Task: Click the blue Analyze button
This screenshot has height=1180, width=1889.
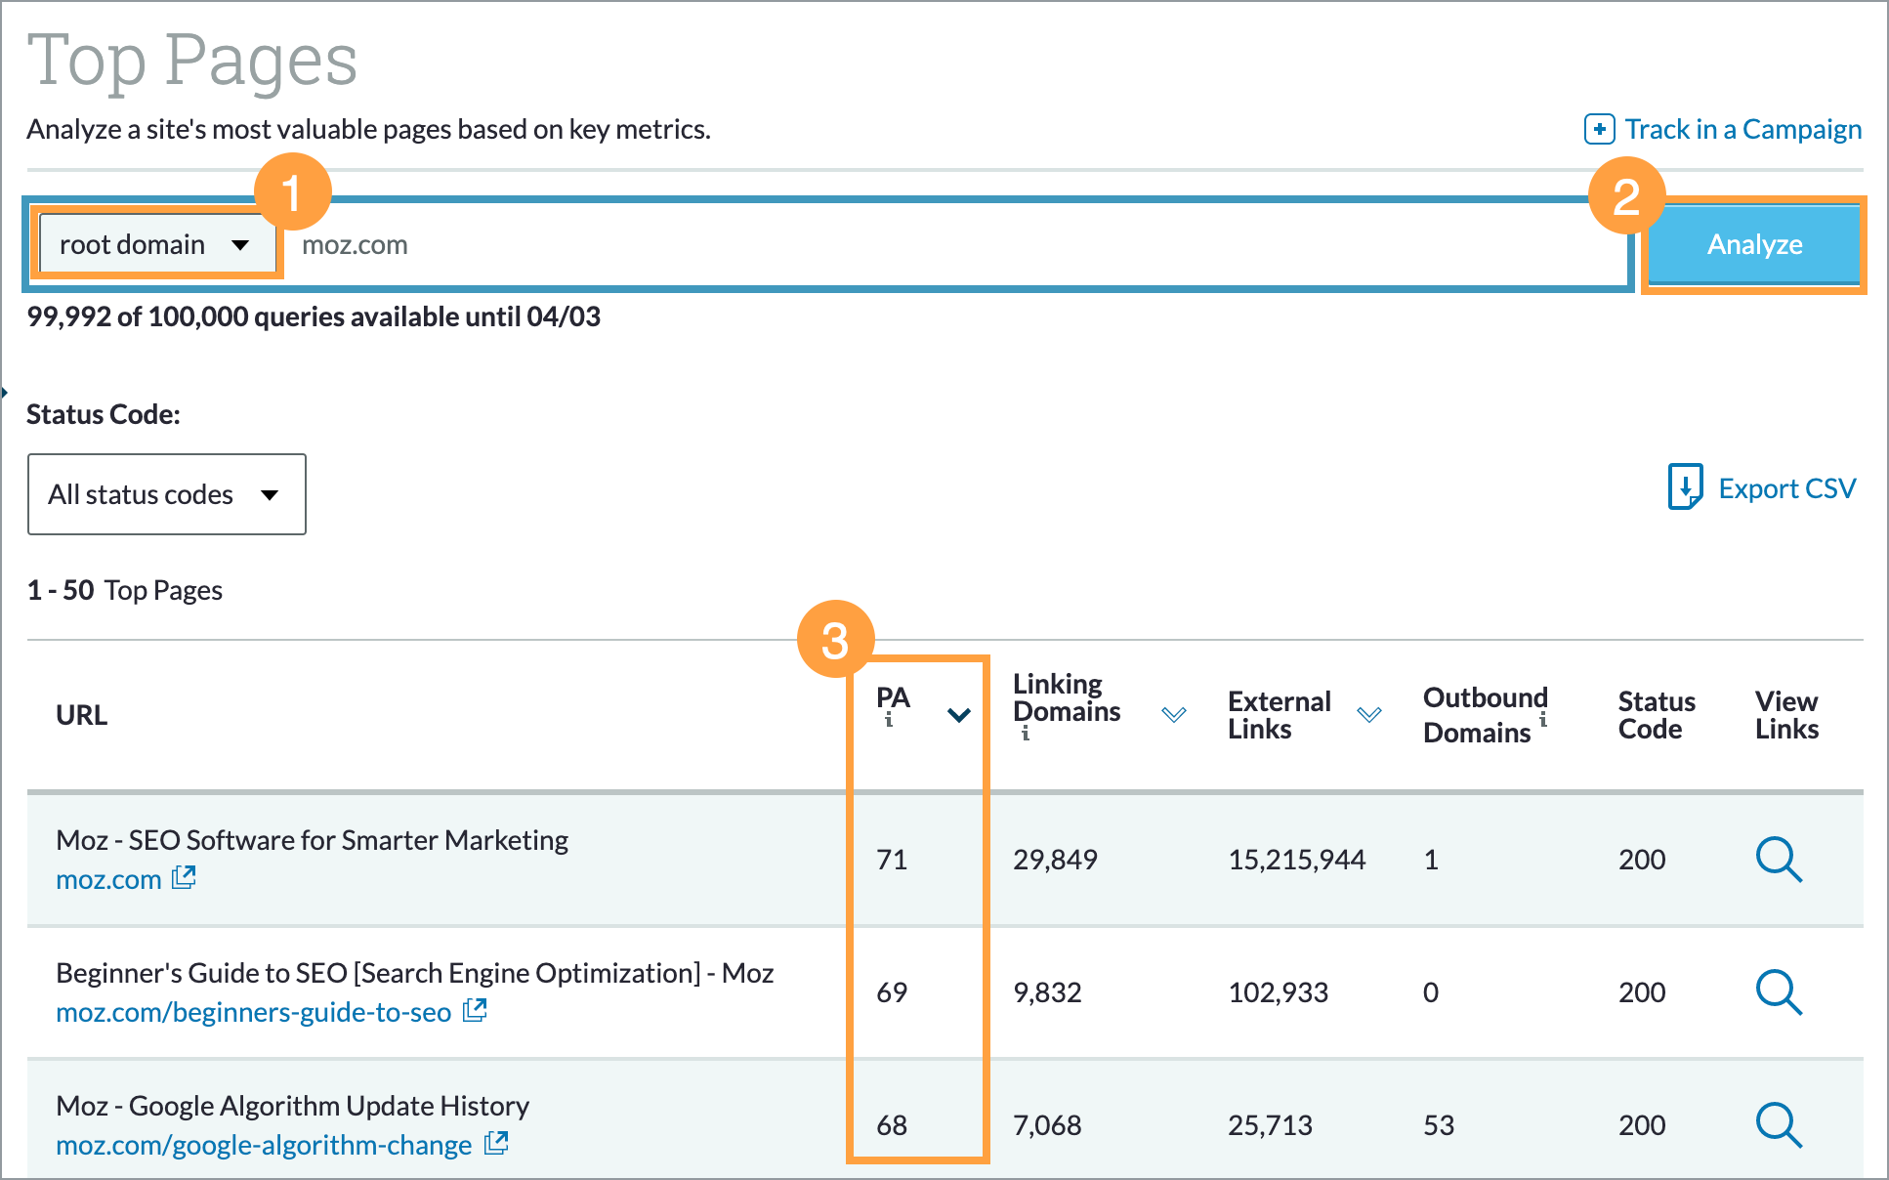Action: tap(1754, 244)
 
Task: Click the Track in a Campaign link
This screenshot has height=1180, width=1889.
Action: tap(1724, 129)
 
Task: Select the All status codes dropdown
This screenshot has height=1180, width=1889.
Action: tap(166, 494)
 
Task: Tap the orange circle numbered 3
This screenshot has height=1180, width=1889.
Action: tap(835, 641)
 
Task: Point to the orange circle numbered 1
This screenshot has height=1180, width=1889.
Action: tap(292, 192)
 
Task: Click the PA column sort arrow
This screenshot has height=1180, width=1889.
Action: tap(958, 715)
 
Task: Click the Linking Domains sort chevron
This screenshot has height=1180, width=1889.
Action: tap(1173, 715)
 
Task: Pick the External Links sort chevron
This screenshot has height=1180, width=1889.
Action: tap(1369, 715)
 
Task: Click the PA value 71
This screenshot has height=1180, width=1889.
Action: tap(892, 860)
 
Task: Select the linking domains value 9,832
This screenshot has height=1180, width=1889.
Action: tap(1047, 992)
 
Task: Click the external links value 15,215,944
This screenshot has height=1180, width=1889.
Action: tap(1296, 860)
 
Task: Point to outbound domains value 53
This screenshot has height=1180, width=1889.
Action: tap(1438, 1125)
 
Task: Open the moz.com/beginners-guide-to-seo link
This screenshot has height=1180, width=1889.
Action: tap(254, 1012)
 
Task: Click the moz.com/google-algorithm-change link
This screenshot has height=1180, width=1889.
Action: tap(264, 1145)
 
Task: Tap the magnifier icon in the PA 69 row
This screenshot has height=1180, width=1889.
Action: tap(1779, 992)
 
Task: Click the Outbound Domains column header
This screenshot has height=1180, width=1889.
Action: tap(1485, 715)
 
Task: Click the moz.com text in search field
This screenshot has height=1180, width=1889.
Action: tap(355, 245)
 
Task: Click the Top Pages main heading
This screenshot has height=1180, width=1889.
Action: tap(192, 61)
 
